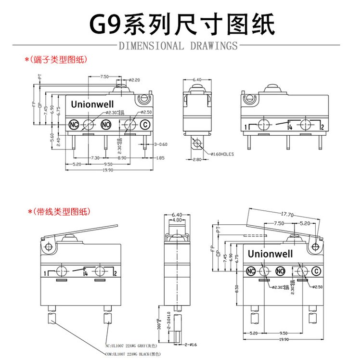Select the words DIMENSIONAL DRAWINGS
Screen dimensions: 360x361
click(178, 46)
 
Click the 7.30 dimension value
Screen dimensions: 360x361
click(95, 158)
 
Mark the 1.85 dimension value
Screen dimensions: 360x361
click(160, 158)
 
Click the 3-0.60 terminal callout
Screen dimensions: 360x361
click(161, 144)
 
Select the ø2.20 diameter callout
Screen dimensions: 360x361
click(134, 79)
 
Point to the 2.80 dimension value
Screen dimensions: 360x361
click(197, 159)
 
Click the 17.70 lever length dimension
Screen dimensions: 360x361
click(287, 215)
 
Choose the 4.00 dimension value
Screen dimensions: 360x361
click(177, 220)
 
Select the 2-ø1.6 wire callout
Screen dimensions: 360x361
click(191, 345)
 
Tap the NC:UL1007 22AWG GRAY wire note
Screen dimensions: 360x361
click(133, 346)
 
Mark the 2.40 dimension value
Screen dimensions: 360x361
click(58, 141)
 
